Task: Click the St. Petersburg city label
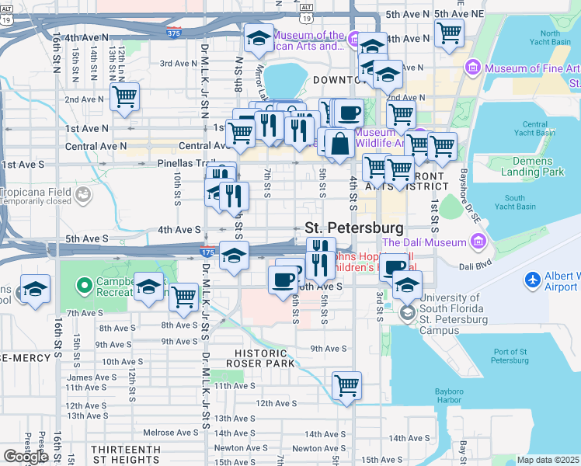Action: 354,228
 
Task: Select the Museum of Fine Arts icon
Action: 472,68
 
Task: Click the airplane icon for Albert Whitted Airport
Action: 534,279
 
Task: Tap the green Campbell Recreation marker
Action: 84,285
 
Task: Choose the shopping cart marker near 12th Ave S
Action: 346,384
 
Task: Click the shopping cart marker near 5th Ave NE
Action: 449,33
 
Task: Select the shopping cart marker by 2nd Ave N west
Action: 124,97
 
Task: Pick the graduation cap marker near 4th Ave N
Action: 259,37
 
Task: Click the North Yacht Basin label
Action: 550,37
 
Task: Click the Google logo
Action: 26,457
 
